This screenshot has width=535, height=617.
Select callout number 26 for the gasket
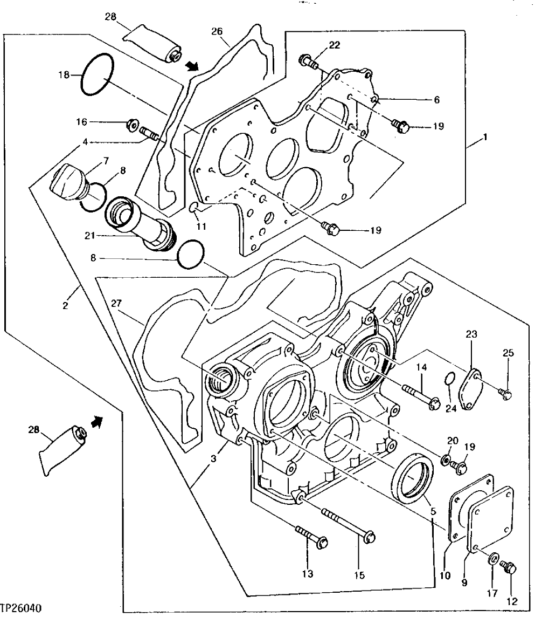tap(217, 31)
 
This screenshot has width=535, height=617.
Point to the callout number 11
tap(200, 227)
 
